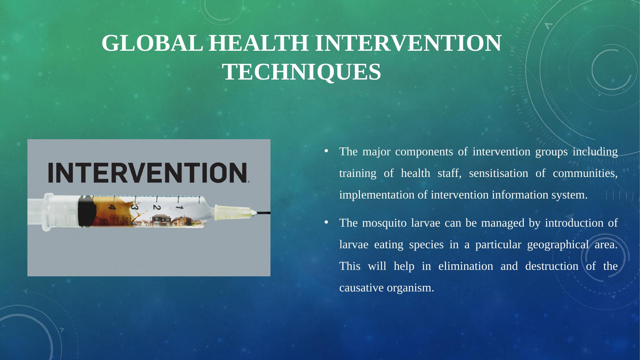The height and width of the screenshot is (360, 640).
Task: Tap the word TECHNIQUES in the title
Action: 302,72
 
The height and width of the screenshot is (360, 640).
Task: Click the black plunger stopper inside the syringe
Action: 85,212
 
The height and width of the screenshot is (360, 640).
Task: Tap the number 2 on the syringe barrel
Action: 157,208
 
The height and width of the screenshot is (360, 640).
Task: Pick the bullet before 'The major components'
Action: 326,151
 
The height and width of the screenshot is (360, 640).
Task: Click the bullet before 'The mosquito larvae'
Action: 326,223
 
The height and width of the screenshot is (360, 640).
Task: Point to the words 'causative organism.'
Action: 387,288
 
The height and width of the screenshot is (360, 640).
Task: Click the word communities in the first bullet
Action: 585,173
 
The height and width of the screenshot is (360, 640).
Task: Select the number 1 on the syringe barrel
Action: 179,207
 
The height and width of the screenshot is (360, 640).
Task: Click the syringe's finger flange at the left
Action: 48,212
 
